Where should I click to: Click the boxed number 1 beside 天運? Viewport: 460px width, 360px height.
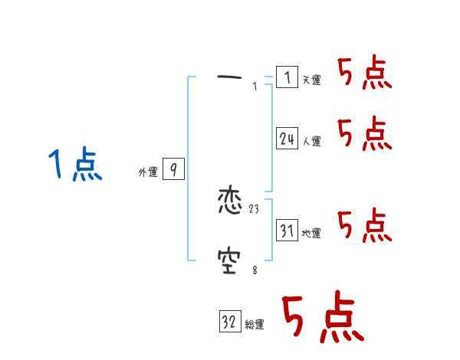(x=287, y=77)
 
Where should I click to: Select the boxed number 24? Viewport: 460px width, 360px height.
(x=287, y=139)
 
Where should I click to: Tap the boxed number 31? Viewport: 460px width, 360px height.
(x=287, y=231)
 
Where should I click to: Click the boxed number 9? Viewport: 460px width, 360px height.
(x=173, y=170)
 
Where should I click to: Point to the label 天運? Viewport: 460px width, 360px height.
(x=311, y=80)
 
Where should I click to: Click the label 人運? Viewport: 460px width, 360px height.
(x=311, y=141)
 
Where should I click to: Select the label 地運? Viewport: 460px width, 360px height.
(x=311, y=233)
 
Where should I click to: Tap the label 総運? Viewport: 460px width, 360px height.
(x=255, y=325)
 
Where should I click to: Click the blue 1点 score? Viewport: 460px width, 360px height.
(x=75, y=165)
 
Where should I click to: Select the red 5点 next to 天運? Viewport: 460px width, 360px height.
(x=364, y=74)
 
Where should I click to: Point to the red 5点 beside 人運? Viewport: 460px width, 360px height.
(x=364, y=134)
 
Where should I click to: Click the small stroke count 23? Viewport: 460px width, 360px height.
(x=255, y=209)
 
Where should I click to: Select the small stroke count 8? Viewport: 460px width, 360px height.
(x=255, y=270)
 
